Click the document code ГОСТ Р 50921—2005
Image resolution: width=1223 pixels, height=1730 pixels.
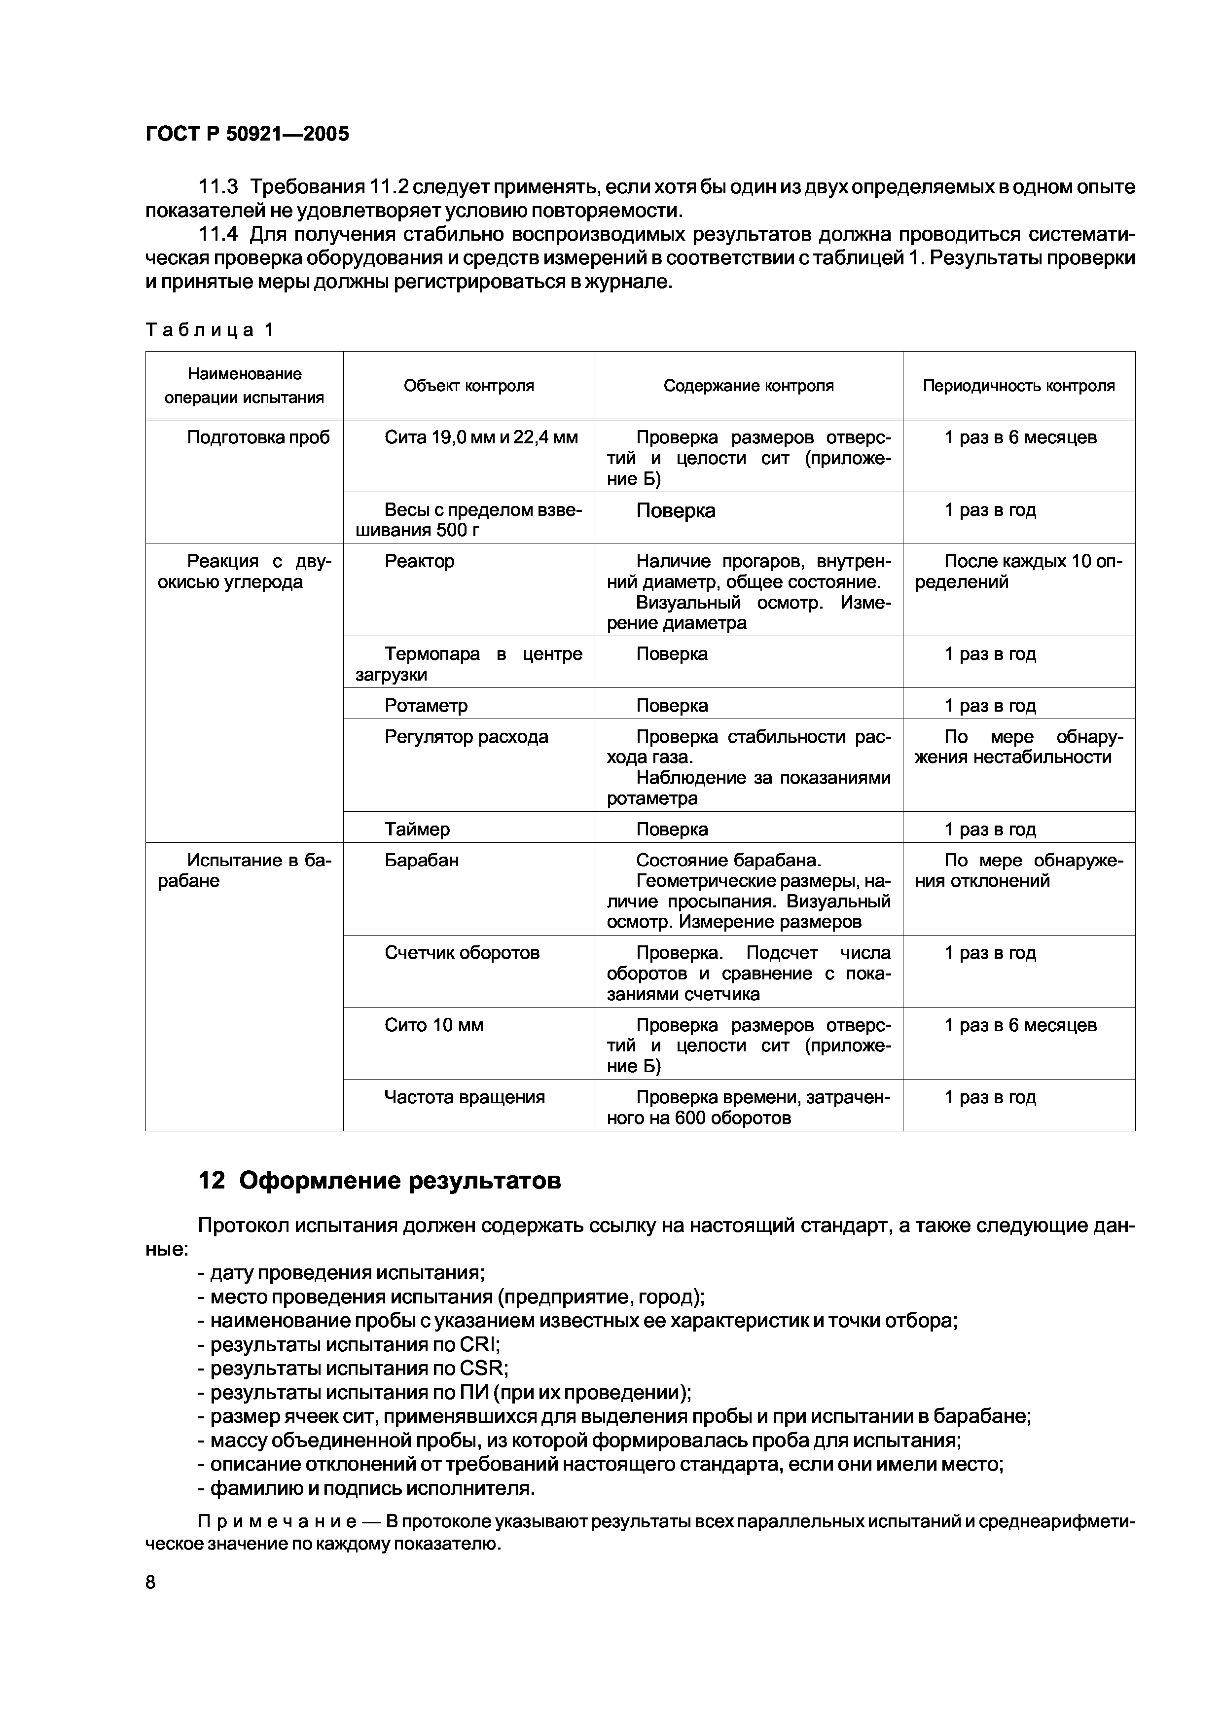tap(247, 134)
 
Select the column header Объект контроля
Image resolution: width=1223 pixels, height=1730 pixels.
tap(468, 386)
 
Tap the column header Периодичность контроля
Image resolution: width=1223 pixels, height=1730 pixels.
tap(1019, 386)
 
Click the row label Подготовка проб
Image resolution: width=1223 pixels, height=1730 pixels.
tap(258, 438)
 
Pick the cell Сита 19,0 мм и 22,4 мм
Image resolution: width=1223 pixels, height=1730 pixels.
tap(481, 438)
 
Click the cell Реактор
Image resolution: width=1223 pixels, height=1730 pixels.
tap(419, 561)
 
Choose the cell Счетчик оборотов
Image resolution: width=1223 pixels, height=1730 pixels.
tap(462, 952)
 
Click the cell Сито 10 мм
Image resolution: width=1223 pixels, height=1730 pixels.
tap(433, 1025)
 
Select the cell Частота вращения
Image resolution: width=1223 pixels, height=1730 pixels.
tap(464, 1097)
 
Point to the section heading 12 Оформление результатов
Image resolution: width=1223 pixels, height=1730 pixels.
tap(379, 1181)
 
